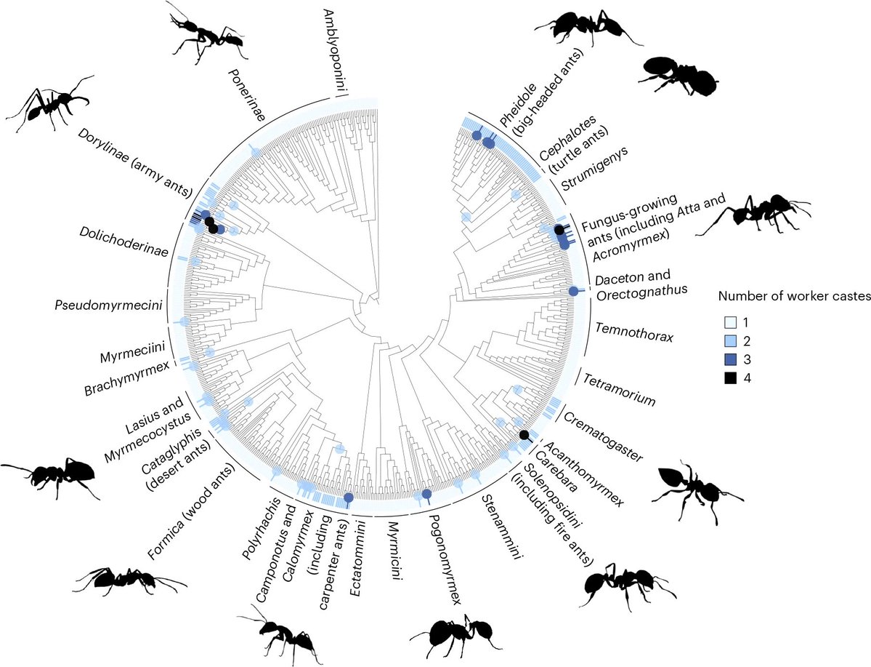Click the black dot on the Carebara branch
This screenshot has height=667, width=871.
coord(524,434)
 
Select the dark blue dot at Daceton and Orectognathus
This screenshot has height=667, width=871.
coord(572,292)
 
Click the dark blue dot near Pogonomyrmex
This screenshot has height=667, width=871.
coord(426,495)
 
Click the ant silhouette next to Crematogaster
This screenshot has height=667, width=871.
coord(694,487)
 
